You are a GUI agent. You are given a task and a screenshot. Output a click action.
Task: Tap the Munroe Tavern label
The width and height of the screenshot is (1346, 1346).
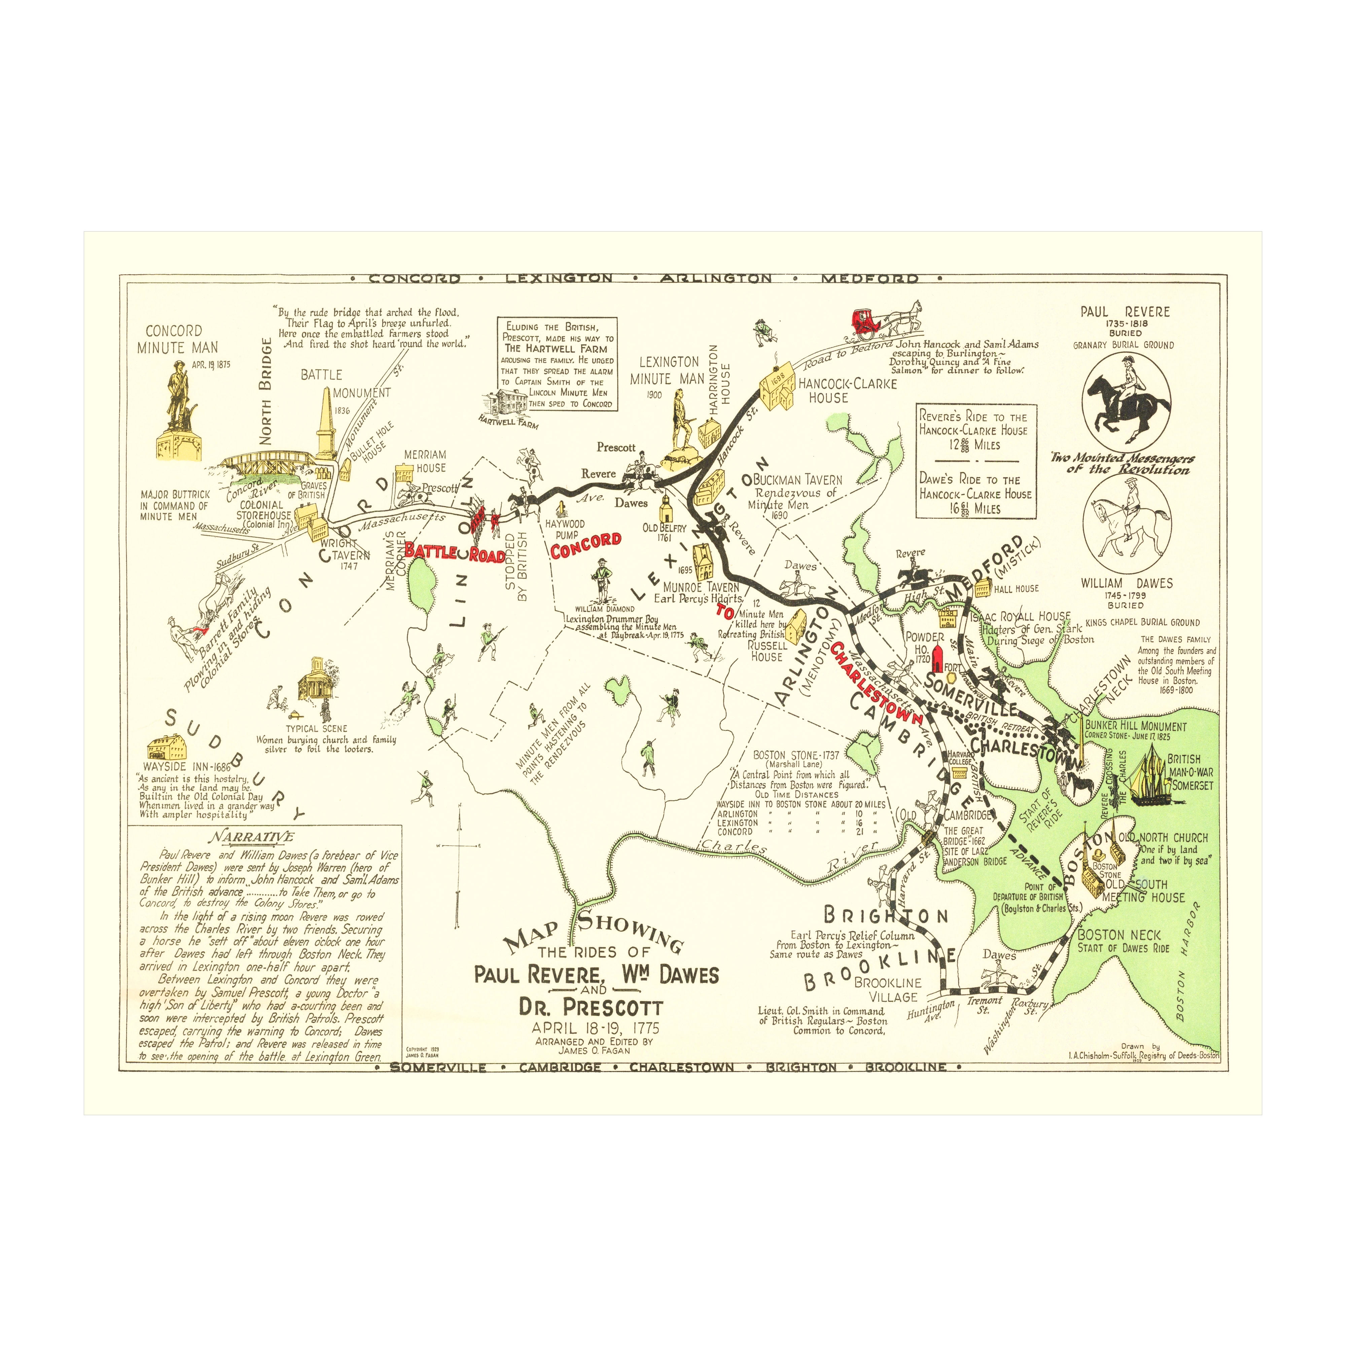(x=700, y=587)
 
